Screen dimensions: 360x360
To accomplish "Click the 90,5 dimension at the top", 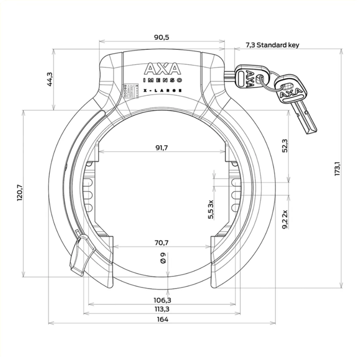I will click(162, 37).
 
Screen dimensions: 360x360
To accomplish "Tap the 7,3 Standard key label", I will click(271, 45).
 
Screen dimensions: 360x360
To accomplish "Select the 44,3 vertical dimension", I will click(49, 79).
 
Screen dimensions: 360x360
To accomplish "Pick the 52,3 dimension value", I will click(285, 146).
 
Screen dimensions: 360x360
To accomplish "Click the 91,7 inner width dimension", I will click(162, 147).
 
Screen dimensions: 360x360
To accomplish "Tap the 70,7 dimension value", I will click(162, 242).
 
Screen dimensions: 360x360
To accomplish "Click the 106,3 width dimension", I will click(162, 300).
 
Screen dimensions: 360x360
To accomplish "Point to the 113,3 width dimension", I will click(162, 309).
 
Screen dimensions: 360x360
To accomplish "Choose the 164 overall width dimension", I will click(162, 320).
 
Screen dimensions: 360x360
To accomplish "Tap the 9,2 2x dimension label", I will click(285, 219).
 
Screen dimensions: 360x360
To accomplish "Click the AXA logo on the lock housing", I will click(162, 69).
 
